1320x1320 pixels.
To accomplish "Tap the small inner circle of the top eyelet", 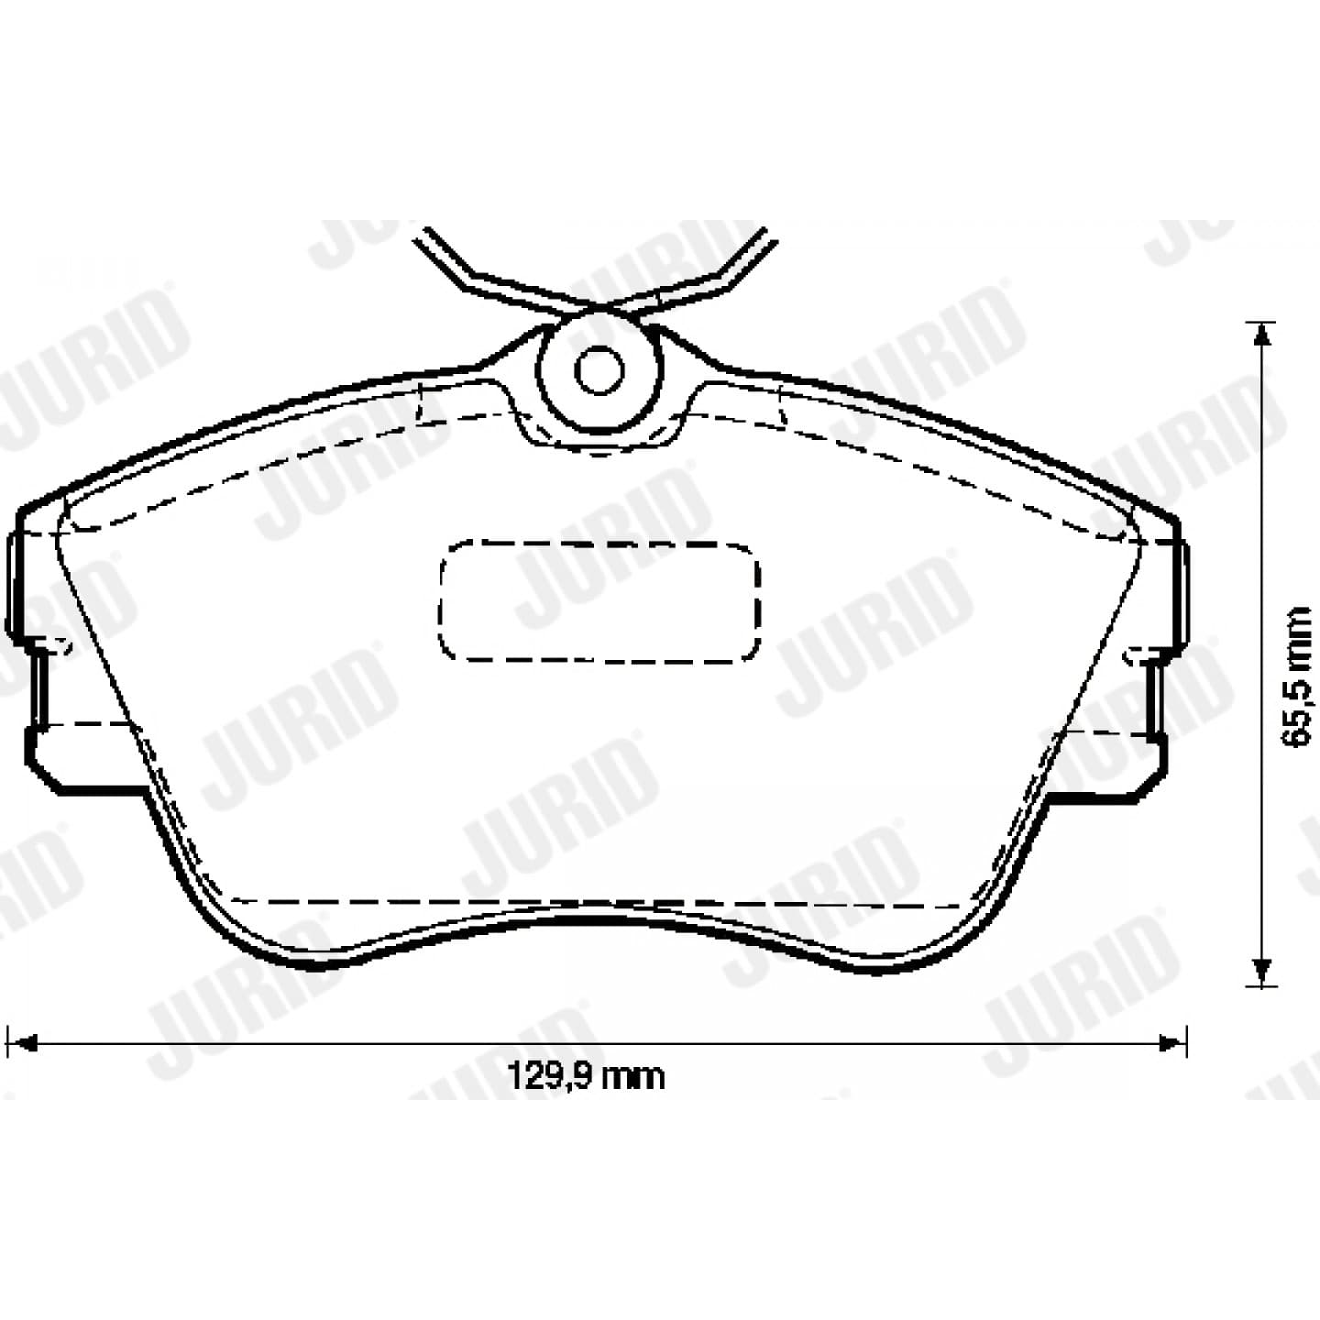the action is (x=599, y=370).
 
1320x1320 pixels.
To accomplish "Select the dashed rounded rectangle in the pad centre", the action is (x=599, y=602).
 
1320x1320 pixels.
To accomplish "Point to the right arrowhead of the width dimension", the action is (x=1172, y=1044).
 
